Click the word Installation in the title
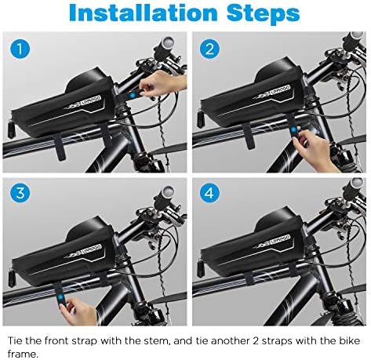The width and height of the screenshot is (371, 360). point(144,13)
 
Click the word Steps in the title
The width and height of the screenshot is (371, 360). point(264,14)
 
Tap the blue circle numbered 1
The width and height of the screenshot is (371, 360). point(20,49)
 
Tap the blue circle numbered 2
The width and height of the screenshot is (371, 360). point(209,49)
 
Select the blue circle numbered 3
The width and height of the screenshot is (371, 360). point(20,194)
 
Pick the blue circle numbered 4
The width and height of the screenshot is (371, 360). point(209,194)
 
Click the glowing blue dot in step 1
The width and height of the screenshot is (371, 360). point(133,95)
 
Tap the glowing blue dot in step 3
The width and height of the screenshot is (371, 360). point(61,296)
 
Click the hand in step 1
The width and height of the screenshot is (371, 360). point(162,84)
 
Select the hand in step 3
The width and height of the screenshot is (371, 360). point(80,311)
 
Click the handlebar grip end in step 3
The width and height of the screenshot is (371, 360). point(167,194)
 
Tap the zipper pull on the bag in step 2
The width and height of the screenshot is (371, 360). point(201,119)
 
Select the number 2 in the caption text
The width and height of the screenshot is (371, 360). point(256,341)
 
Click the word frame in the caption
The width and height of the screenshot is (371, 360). point(22,355)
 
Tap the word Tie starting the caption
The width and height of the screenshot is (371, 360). point(15,340)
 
